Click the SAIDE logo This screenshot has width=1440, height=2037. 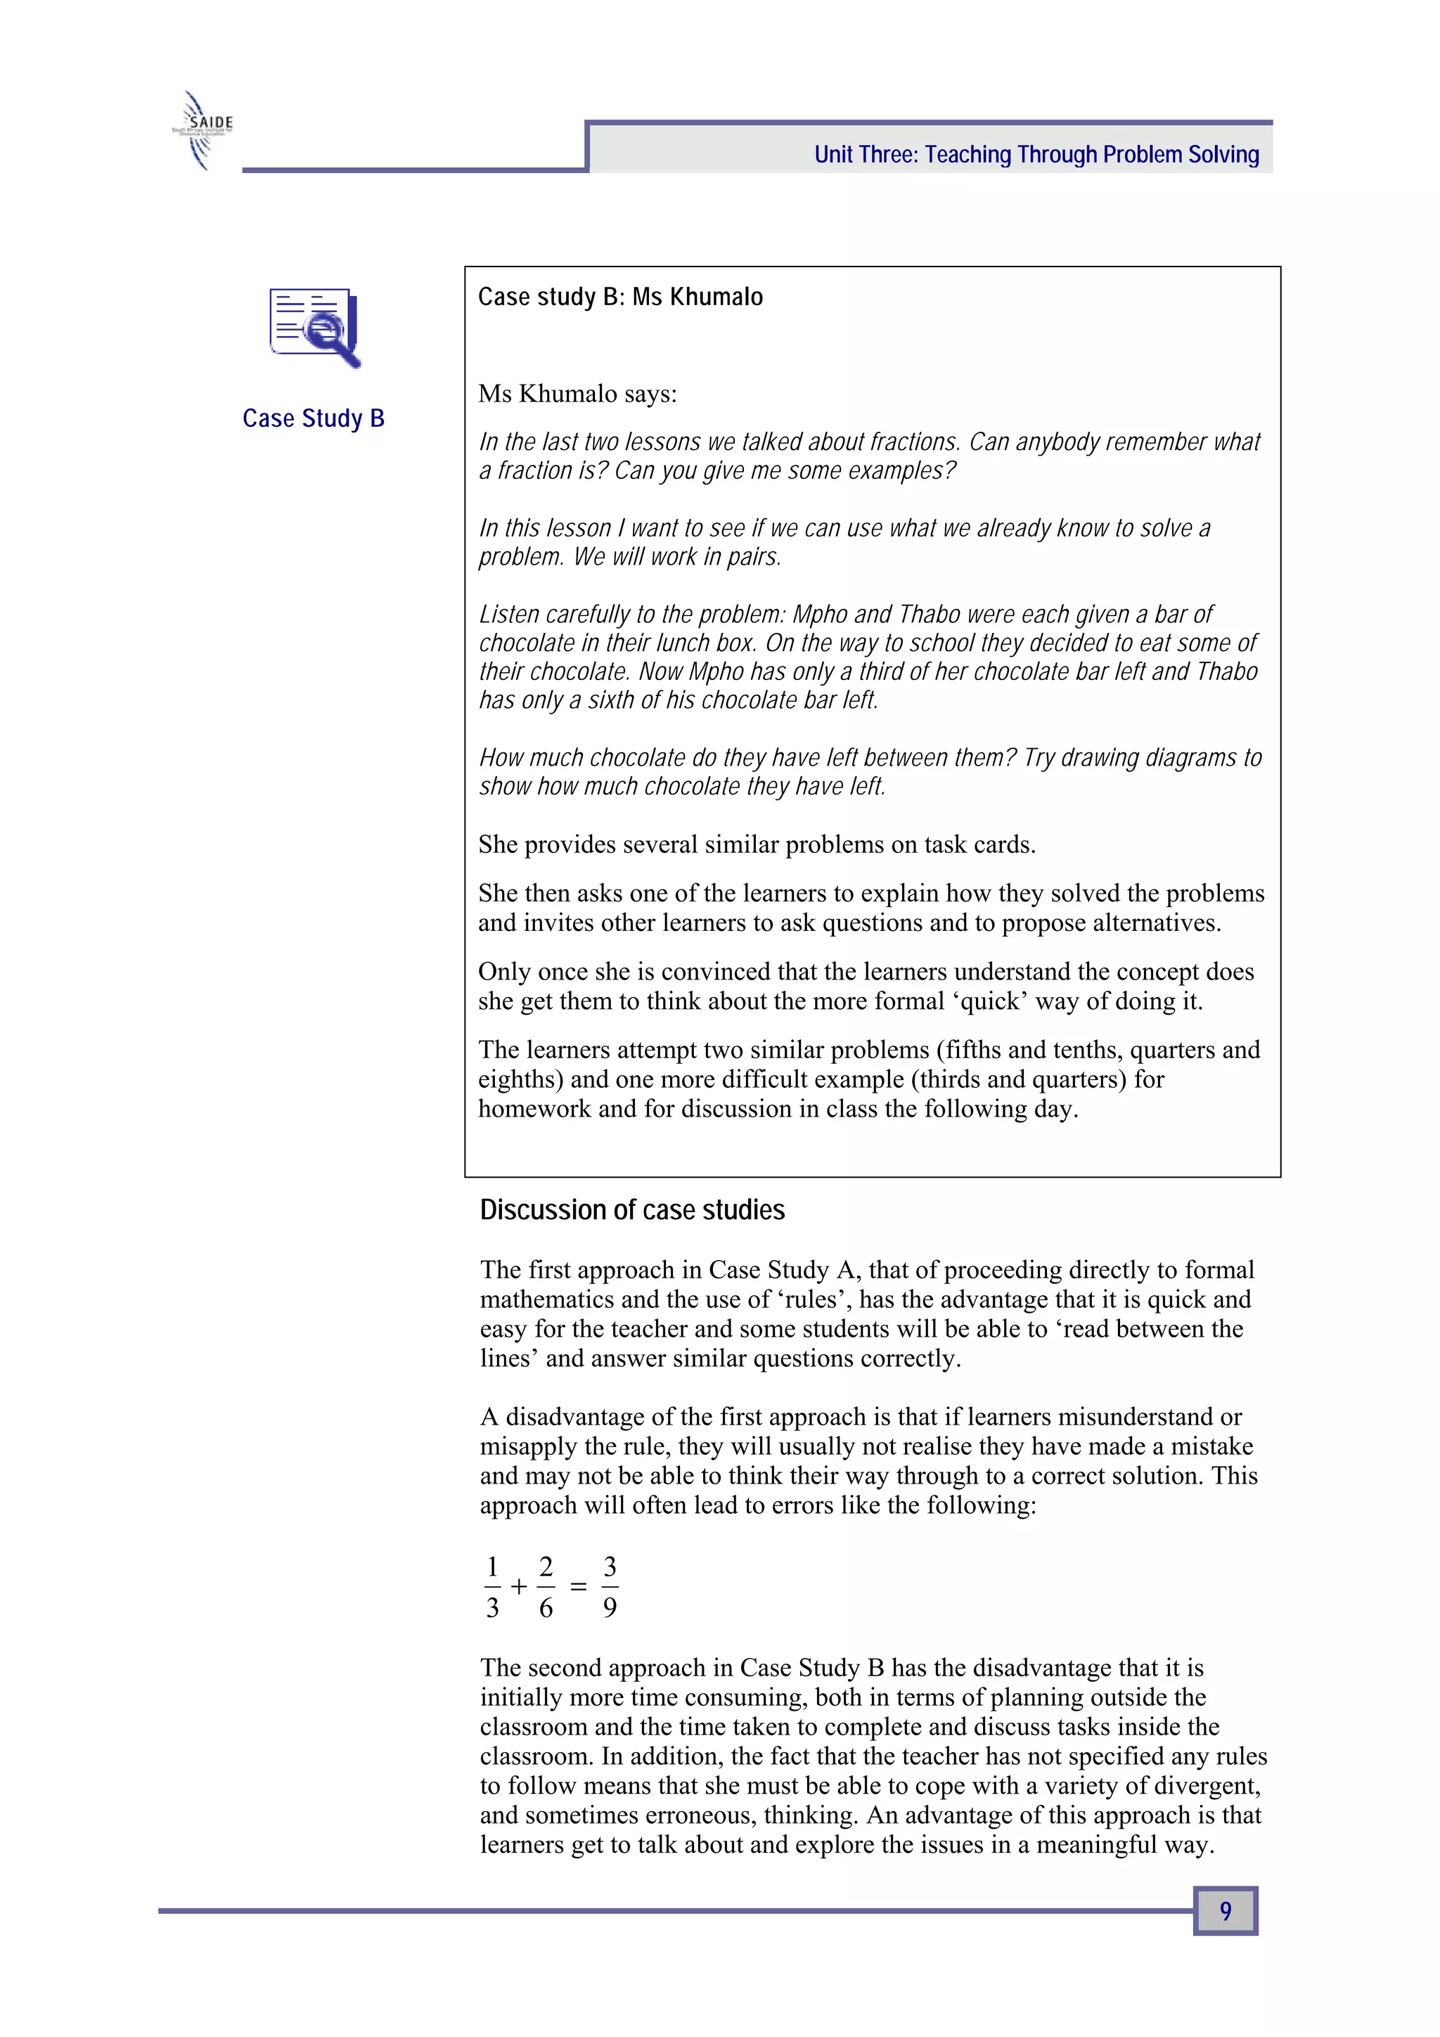click(202, 130)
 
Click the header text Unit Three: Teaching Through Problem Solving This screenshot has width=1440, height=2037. click(1036, 155)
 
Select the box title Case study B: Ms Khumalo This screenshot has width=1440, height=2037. click(620, 297)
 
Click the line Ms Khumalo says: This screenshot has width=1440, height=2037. click(577, 394)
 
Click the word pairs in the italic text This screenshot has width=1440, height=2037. click(752, 557)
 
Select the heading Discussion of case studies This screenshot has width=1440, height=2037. click(631, 1210)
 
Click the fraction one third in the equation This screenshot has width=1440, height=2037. click(492, 1586)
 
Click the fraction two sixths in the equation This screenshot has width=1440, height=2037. click(546, 1586)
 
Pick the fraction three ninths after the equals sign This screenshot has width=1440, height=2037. click(610, 1586)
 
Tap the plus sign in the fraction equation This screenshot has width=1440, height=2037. click(519, 1586)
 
